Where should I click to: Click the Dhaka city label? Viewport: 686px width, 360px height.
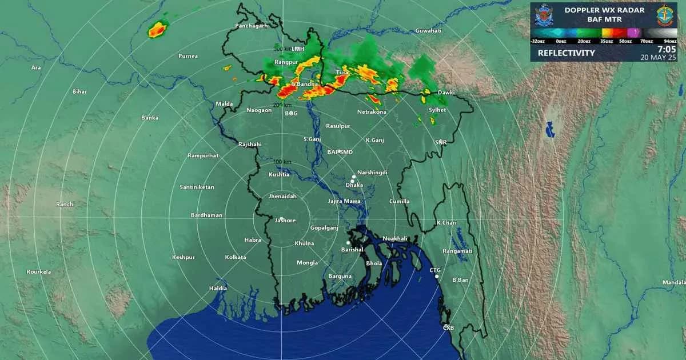pos(354,185)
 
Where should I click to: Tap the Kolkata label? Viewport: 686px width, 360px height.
pos(236,257)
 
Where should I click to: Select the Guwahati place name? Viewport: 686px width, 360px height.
pos(429,30)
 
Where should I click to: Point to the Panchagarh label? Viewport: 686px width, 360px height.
pos(252,26)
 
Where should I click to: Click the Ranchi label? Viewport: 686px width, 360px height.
pos(65,205)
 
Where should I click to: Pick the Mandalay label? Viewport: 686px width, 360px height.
pos(673,282)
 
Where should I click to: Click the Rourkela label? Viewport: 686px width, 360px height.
pos(39,272)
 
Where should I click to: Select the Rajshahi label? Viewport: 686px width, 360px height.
pos(250,145)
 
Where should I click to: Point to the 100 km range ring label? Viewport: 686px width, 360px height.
pos(282,162)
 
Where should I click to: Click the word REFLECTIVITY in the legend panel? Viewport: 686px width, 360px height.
pos(566,53)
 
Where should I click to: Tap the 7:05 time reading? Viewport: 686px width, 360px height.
pos(667,50)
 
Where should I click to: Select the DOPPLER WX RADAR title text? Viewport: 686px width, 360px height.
pos(604,10)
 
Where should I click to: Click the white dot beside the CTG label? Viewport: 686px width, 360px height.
pos(437,277)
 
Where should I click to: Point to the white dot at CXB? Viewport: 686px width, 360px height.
pos(446,326)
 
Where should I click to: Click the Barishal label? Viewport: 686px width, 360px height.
pos(353,250)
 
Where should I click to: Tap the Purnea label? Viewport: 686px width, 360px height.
pos(188,56)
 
